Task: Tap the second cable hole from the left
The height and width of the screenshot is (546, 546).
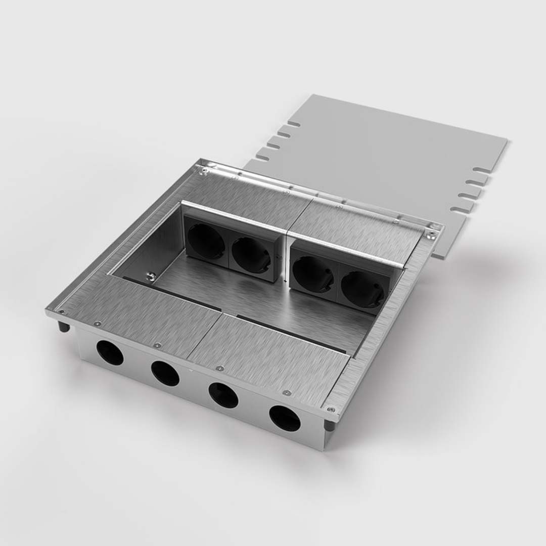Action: coord(165,374)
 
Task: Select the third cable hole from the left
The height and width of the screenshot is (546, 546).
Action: coord(223,395)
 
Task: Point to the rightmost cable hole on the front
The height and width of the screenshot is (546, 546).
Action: coord(285,418)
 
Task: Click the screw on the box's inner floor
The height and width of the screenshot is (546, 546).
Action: coord(150,276)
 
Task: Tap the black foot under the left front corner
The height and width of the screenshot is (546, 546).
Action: coord(64,326)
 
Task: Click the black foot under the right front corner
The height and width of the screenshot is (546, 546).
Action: coord(329,425)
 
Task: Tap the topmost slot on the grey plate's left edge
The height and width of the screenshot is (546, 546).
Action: coord(293,124)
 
